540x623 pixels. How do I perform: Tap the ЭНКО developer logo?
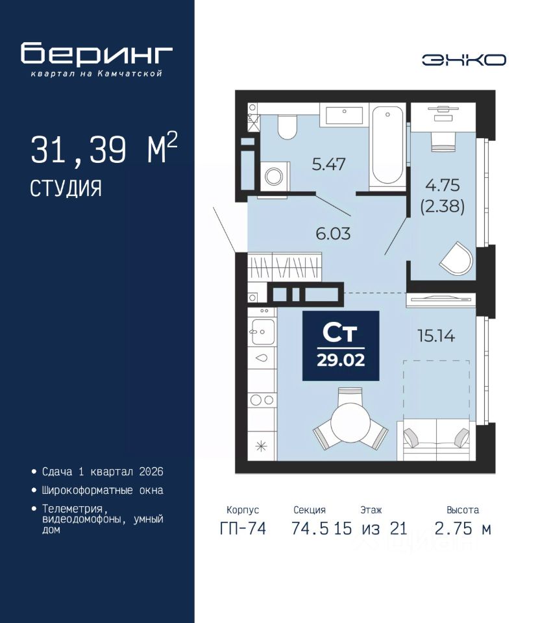(463, 60)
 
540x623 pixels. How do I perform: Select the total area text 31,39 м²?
(104, 149)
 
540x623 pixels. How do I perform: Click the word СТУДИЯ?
(66, 188)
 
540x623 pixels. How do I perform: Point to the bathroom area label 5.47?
(328, 164)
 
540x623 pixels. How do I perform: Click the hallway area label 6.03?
(333, 234)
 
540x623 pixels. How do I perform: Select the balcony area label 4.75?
(442, 185)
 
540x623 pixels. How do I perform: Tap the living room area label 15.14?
(436, 336)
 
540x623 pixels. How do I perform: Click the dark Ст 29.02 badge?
(341, 346)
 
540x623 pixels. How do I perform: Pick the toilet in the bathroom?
(286, 127)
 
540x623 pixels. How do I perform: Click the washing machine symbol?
(275, 176)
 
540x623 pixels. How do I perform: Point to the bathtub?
(387, 146)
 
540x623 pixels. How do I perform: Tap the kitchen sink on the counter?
(262, 332)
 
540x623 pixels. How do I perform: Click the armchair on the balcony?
(457, 258)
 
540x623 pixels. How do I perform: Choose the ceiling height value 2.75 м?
(463, 529)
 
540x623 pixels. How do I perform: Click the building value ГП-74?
(243, 529)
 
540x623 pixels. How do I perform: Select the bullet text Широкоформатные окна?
(103, 491)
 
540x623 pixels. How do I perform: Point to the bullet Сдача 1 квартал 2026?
(103, 472)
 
